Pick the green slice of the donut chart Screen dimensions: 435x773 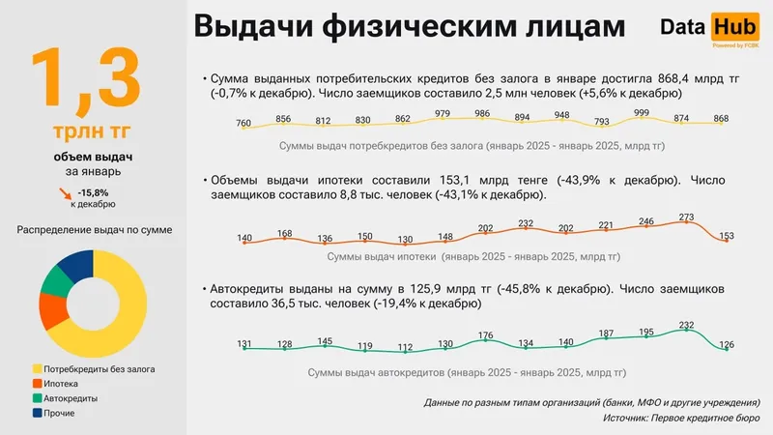[56, 281]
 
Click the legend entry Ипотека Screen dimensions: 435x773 [64, 383]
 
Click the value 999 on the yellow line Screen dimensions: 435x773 [640, 113]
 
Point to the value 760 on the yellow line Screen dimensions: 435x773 [243, 123]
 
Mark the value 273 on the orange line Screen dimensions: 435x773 [687, 217]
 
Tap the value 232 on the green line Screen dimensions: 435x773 [687, 326]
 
